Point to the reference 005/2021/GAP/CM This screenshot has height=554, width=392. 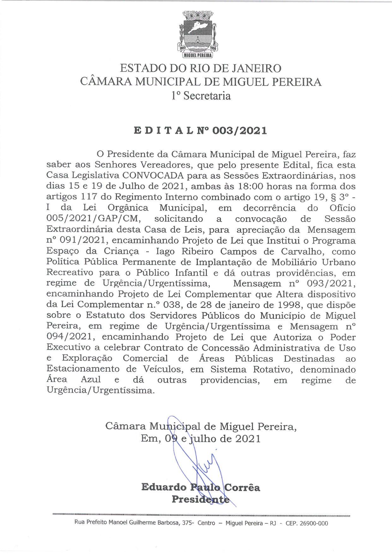(93, 219)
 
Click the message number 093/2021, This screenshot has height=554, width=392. (331, 283)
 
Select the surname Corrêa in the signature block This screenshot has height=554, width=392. (242, 487)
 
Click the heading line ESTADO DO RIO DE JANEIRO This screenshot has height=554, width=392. (201, 68)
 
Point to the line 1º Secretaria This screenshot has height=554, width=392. (201, 96)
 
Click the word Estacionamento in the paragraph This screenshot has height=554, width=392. (83, 369)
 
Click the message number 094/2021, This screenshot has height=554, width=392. (70, 337)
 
